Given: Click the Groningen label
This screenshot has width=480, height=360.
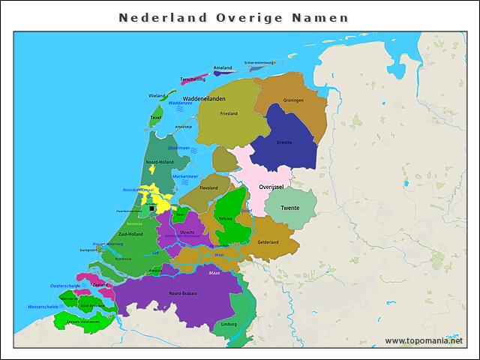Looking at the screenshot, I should point(292,100).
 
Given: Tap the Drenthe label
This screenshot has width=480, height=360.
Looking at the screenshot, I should point(284,142).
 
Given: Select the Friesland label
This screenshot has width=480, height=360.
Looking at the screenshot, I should point(229,113).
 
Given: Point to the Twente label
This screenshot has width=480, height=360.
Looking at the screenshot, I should point(290,208).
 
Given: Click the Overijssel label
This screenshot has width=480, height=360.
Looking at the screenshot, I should point(270,186).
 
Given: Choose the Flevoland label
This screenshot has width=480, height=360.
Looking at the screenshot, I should point(208,187).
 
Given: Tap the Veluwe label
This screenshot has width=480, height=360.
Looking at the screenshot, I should point(225,218).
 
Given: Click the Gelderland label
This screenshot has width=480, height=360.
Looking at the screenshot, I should point(268,242).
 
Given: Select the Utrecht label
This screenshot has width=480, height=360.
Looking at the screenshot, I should point(187,232).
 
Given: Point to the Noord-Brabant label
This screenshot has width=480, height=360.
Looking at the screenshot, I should point(183,293).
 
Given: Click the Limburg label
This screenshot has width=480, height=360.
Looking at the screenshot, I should point(229,324).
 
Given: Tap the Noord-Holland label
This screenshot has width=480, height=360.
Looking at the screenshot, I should point(160,162).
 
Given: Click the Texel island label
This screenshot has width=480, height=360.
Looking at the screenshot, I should point(156,118).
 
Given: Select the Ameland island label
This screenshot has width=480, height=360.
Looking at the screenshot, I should point(223,68).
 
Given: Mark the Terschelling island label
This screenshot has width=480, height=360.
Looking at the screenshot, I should point(193,79).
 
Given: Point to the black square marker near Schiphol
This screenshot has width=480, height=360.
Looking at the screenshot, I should point(151,208).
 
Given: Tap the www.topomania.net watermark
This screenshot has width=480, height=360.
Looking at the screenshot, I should point(424,340).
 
